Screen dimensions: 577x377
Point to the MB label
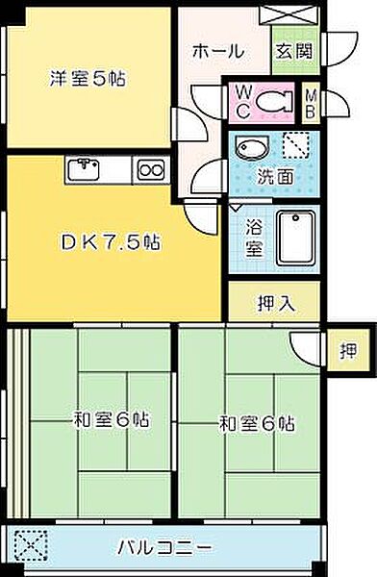pyautogui.click(x=312, y=99)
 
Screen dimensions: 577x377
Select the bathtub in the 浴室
pyautogui.click(x=297, y=236)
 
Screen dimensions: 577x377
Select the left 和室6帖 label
pyautogui.click(x=111, y=419)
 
